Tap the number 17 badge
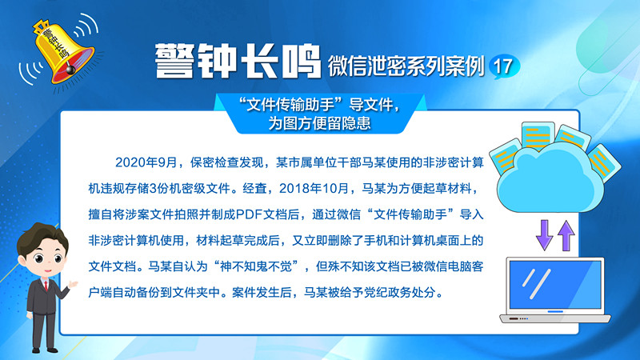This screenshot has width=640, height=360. [x=504, y=66]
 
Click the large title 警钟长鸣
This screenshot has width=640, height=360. [x=238, y=62]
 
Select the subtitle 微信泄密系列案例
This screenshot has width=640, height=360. [x=406, y=66]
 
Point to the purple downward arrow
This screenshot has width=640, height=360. [x=545, y=234]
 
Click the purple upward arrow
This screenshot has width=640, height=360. [x=566, y=235]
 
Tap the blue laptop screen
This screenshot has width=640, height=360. [x=555, y=285]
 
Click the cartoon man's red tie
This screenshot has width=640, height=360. [x=46, y=285]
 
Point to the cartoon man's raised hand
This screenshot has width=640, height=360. [x=73, y=285]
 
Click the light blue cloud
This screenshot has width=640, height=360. [x=550, y=179]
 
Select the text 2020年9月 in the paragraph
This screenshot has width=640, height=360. [x=146, y=162]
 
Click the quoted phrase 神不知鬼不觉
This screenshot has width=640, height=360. [x=255, y=266]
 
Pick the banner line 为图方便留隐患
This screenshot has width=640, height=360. [x=319, y=123]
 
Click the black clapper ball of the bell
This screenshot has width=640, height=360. [x=70, y=70]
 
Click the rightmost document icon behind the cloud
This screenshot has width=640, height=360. [x=604, y=163]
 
